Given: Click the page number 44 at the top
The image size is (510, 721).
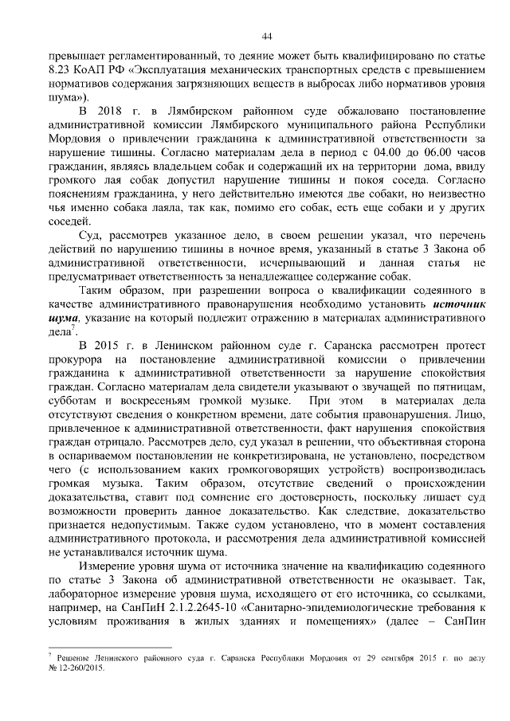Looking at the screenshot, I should pos(267,35).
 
